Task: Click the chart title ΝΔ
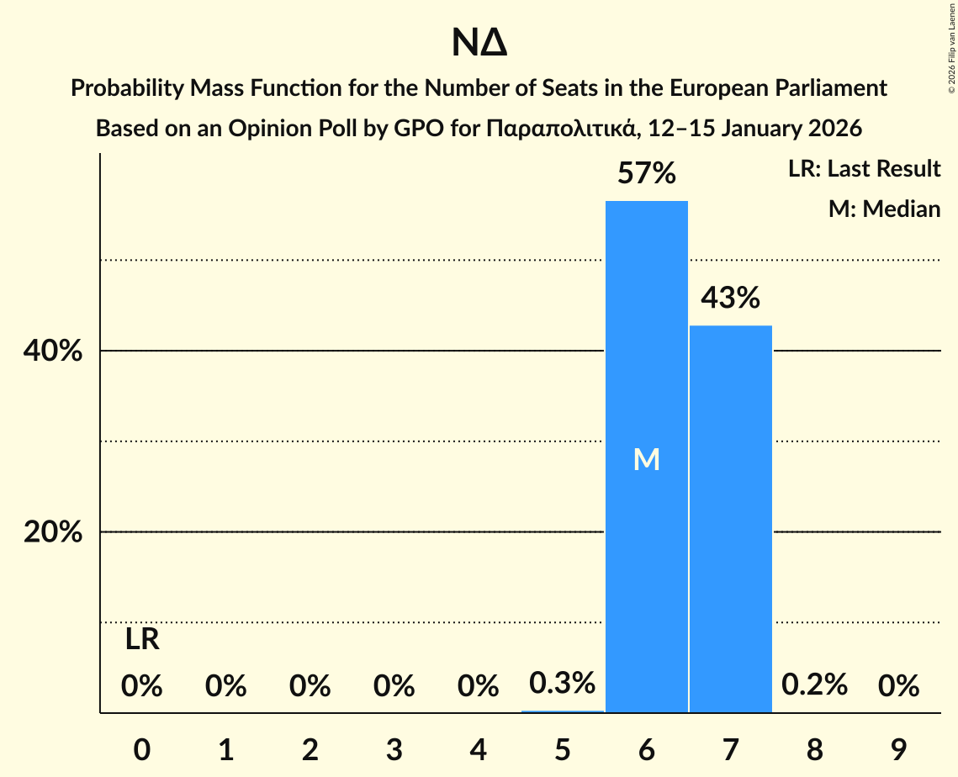pyautogui.click(x=479, y=44)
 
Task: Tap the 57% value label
pyautogui.click(x=647, y=174)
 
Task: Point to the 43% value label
pyautogui.click(x=731, y=298)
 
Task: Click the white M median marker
pyautogui.click(x=647, y=459)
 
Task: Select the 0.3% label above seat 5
pyautogui.click(x=563, y=683)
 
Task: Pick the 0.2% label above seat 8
pyautogui.click(x=814, y=684)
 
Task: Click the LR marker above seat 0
pyautogui.click(x=142, y=640)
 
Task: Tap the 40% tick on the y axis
pyautogui.click(x=53, y=351)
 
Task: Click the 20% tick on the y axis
pyautogui.click(x=53, y=533)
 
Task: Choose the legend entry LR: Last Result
pyautogui.click(x=864, y=169)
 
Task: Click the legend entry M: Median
pyautogui.click(x=884, y=209)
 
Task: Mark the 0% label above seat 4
pyautogui.click(x=479, y=686)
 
